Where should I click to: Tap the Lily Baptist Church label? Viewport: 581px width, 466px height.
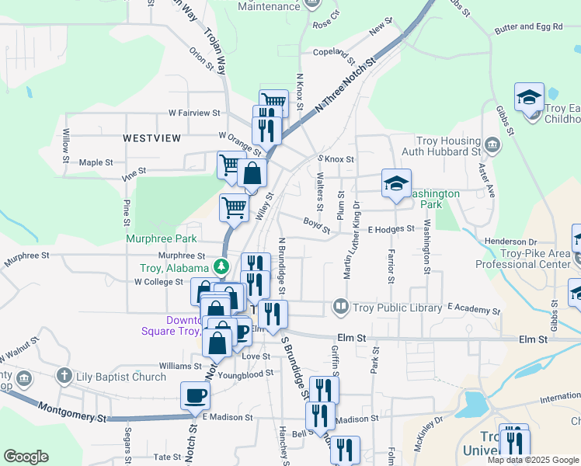click(x=121, y=377)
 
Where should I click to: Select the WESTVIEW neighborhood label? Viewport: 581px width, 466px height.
click(x=151, y=137)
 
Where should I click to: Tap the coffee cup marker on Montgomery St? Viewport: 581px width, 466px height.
click(x=195, y=395)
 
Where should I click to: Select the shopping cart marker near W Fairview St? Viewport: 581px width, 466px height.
click(x=273, y=103)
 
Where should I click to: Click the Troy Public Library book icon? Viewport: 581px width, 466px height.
click(x=339, y=308)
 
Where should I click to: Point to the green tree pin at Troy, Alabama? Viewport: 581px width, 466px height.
click(x=222, y=266)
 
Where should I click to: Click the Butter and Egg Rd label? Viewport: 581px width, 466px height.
click(x=528, y=27)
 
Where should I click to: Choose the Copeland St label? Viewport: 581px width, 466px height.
click(x=334, y=56)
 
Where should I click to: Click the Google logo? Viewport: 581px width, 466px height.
click(x=26, y=457)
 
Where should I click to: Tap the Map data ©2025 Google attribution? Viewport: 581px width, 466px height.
click(x=532, y=460)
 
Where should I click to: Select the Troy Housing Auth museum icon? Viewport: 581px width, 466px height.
click(x=492, y=144)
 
